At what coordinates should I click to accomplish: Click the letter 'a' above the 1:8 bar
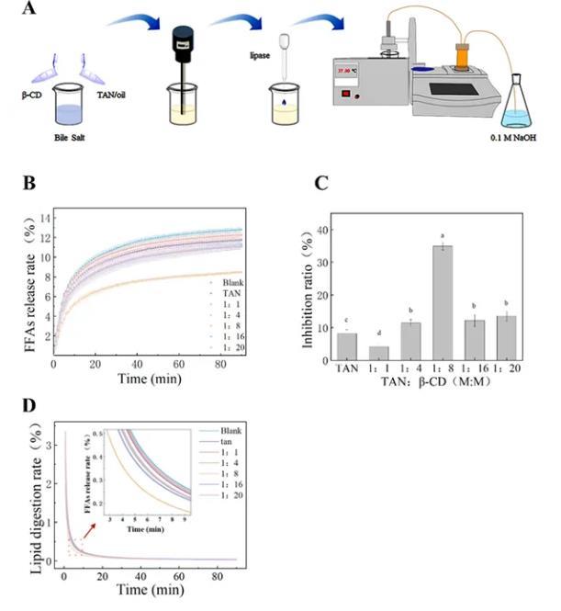[x=443, y=236]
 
